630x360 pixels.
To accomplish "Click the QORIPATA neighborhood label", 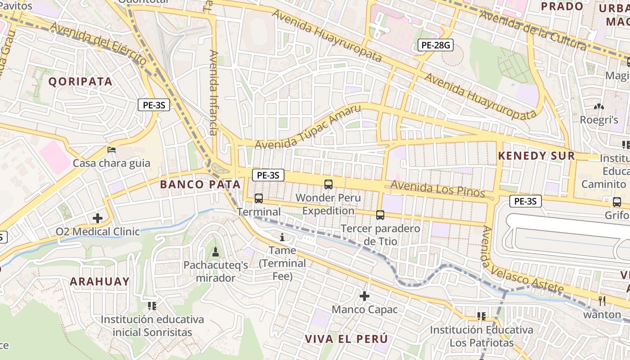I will point(80,81).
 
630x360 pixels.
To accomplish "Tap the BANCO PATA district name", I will point(200,184).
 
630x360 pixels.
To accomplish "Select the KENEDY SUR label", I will point(536,156).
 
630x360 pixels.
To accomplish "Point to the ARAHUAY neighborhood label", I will point(99,282).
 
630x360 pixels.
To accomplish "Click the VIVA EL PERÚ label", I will point(346,339).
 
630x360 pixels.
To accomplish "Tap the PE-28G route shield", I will point(435,45).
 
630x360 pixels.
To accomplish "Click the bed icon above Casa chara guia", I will point(112,149).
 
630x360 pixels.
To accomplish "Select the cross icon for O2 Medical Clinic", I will point(98,218).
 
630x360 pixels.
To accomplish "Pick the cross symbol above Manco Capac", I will point(364,296).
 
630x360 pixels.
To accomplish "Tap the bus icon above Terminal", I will point(259,198).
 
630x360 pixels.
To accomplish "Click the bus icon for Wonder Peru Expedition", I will point(328,184).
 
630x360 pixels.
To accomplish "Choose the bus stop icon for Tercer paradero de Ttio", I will point(380,215).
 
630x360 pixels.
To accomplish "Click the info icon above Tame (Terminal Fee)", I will point(283,237).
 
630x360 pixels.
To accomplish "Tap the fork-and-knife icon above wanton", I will point(602,301).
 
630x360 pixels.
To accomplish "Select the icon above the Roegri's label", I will point(598,107).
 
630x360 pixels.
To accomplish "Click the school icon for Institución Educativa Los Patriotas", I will point(481,316).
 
